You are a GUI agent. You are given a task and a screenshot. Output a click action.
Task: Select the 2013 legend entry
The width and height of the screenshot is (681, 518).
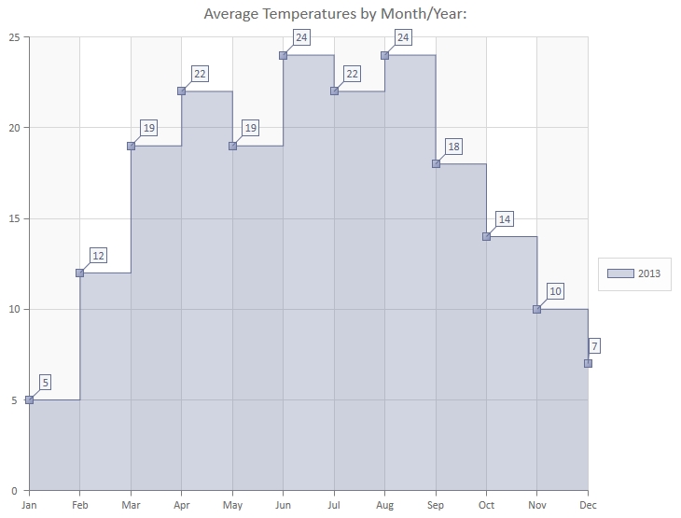pyautogui.click(x=634, y=273)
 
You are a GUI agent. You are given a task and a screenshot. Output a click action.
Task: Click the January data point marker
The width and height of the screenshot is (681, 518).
pyautogui.click(x=29, y=399)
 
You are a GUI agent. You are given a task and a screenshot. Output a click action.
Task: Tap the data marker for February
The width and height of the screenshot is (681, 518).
pyautogui.click(x=79, y=273)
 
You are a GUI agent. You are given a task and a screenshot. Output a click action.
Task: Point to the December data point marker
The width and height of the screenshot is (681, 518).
pyautogui.click(x=588, y=363)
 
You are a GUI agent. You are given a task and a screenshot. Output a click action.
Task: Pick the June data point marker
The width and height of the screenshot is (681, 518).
pyautogui.click(x=283, y=55)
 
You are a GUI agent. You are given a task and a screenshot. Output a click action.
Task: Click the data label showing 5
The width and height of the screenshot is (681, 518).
pyautogui.click(x=46, y=382)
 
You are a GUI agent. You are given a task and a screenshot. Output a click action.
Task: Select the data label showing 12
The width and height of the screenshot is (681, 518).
pyautogui.click(x=98, y=255)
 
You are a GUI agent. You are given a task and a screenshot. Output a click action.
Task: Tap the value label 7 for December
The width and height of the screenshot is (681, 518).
pyautogui.click(x=594, y=346)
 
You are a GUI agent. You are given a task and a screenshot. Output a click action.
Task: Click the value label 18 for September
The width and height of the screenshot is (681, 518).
pyautogui.click(x=453, y=147)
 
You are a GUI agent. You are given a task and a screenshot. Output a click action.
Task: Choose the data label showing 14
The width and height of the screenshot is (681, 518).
pyautogui.click(x=505, y=219)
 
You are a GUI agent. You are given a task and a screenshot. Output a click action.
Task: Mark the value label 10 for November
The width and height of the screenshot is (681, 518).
pyautogui.click(x=555, y=291)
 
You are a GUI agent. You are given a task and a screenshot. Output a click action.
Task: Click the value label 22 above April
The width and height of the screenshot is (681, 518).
pyautogui.click(x=200, y=74)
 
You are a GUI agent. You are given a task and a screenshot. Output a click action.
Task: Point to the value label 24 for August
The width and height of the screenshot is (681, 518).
pyautogui.click(x=403, y=37)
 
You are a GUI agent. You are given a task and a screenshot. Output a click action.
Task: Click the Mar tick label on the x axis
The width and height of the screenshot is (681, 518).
pyautogui.click(x=131, y=504)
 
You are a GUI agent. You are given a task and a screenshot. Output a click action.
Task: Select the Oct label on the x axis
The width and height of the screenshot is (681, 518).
pyautogui.click(x=486, y=504)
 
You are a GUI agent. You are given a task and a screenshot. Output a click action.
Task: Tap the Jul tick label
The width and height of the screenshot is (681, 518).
pyautogui.click(x=334, y=504)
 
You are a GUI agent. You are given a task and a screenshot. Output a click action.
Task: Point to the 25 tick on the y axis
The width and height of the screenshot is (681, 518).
pyautogui.click(x=14, y=37)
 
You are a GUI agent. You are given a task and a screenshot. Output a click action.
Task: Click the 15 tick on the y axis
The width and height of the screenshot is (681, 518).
pyautogui.click(x=14, y=218)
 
